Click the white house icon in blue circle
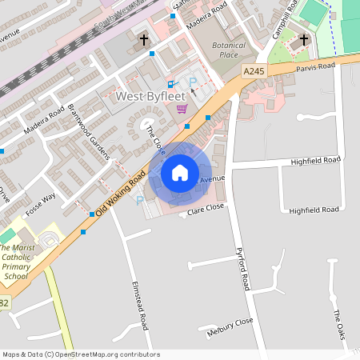180,172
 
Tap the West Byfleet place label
147,96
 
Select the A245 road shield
254,72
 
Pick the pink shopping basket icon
182,110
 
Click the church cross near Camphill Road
303,39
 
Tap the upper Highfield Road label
314,160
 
